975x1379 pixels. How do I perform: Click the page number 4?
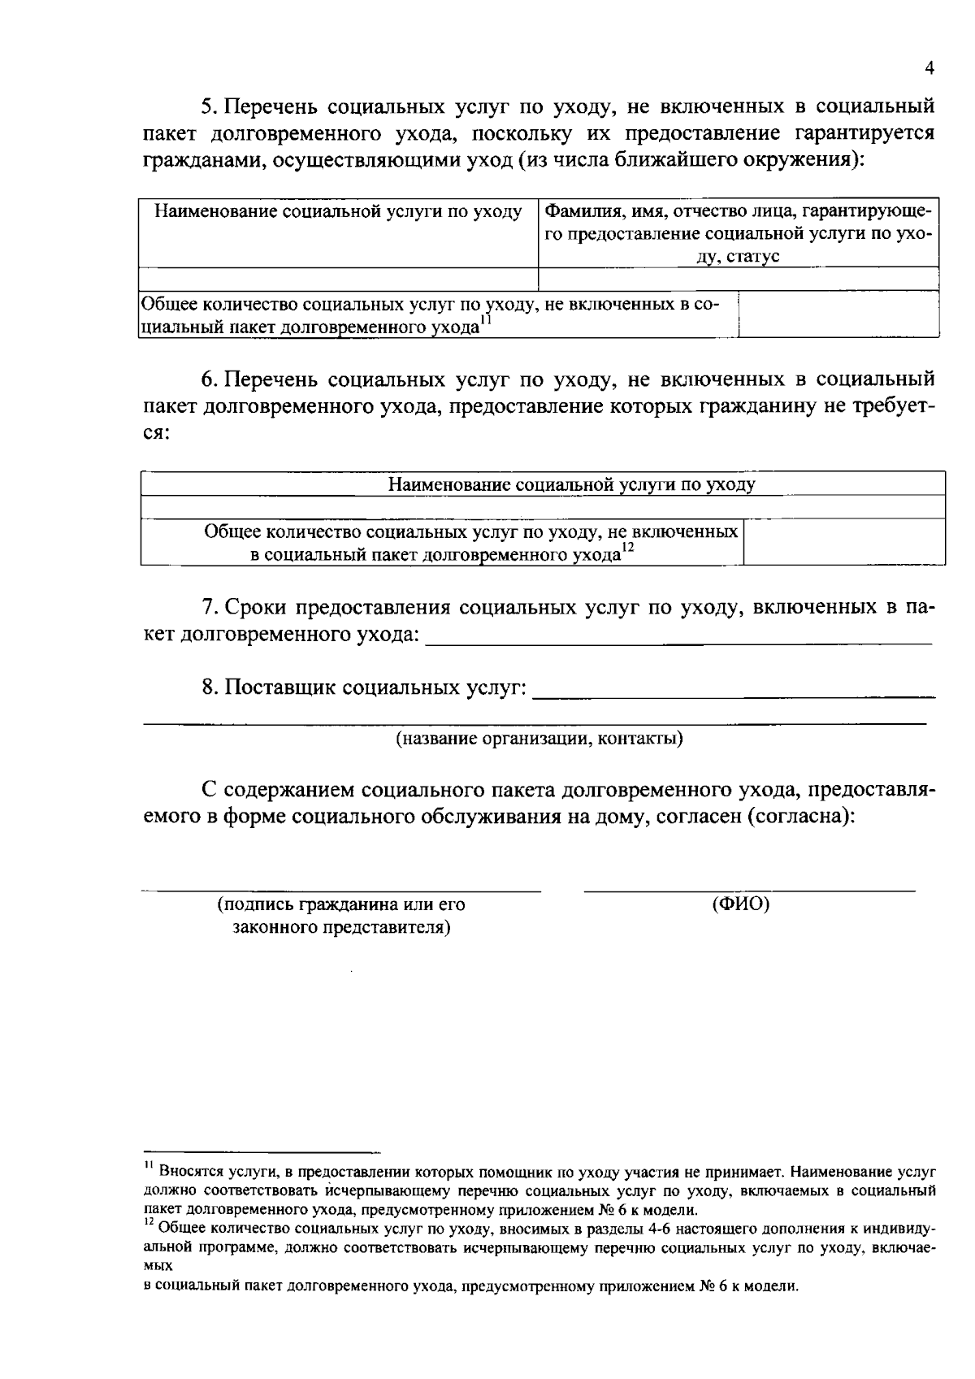point(929,69)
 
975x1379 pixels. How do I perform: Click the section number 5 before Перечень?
point(207,106)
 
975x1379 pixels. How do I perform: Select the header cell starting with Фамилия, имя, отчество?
point(739,233)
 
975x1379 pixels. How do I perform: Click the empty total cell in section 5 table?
point(838,315)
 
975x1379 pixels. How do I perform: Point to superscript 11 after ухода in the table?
point(485,321)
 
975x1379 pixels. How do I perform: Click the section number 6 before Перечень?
point(207,379)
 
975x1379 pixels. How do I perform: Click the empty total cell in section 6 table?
point(843,543)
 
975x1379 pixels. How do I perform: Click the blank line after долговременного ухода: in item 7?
point(678,641)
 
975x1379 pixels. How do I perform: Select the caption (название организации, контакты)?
point(539,739)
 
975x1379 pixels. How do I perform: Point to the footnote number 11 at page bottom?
point(149,1167)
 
